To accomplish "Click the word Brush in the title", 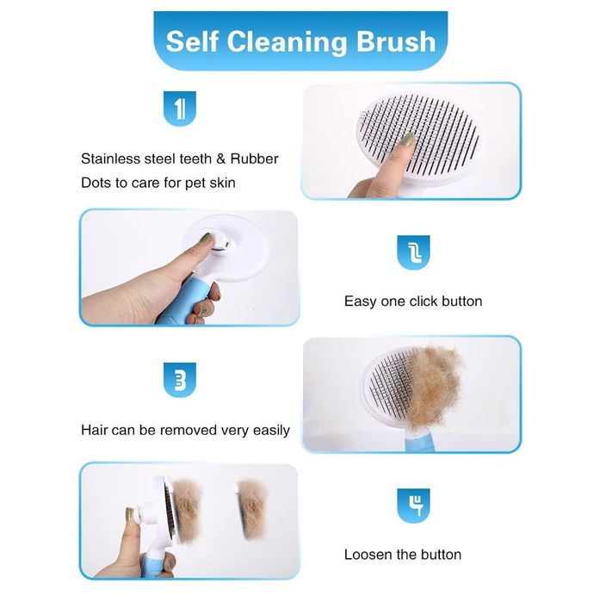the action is [396, 41].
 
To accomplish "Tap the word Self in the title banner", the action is [192, 41].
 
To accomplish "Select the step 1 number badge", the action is [180, 109].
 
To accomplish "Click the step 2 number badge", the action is [413, 252].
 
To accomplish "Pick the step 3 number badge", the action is [180, 380].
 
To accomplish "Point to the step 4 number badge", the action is [413, 506].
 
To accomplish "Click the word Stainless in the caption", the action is [110, 159].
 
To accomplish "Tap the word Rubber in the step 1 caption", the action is [254, 159].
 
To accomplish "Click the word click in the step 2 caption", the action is [426, 301].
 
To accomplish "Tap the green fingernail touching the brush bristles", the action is [408, 140].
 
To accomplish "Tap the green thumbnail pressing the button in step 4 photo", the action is [129, 514].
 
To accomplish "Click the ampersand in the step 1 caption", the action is [220, 159].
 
